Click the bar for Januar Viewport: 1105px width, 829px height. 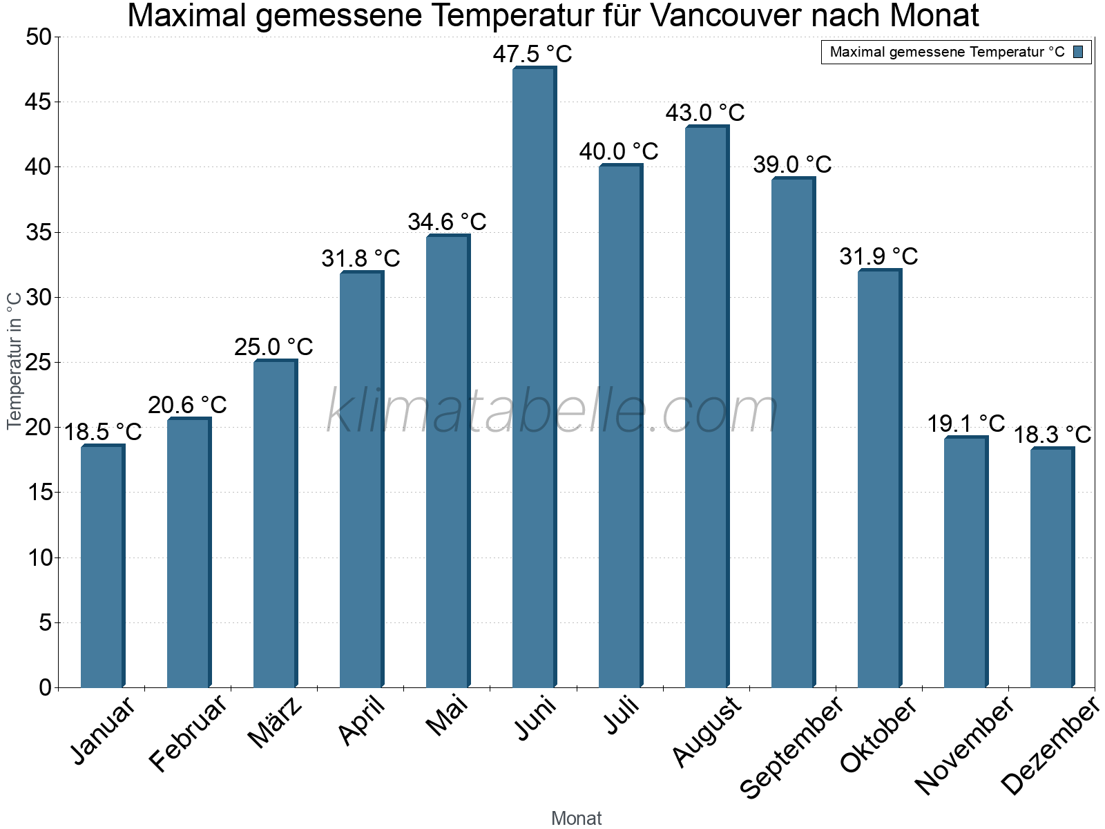click(x=102, y=566)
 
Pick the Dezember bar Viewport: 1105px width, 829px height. click(x=1052, y=567)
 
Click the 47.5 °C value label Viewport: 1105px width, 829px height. click(x=532, y=54)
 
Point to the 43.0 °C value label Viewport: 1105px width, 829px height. click(x=705, y=113)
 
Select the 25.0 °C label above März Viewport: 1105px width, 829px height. click(x=273, y=347)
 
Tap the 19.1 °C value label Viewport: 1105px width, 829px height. click(x=965, y=423)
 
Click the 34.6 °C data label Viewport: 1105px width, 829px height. click(x=447, y=222)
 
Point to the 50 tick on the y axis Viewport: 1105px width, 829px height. click(x=39, y=37)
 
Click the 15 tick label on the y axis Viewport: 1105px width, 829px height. click(x=40, y=493)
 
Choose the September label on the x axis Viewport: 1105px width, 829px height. click(x=791, y=746)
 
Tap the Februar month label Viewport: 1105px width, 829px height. click(x=188, y=732)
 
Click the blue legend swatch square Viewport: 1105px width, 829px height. click(x=1078, y=52)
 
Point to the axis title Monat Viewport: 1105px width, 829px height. click(x=576, y=818)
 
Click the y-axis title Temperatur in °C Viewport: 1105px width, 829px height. click(x=15, y=361)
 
